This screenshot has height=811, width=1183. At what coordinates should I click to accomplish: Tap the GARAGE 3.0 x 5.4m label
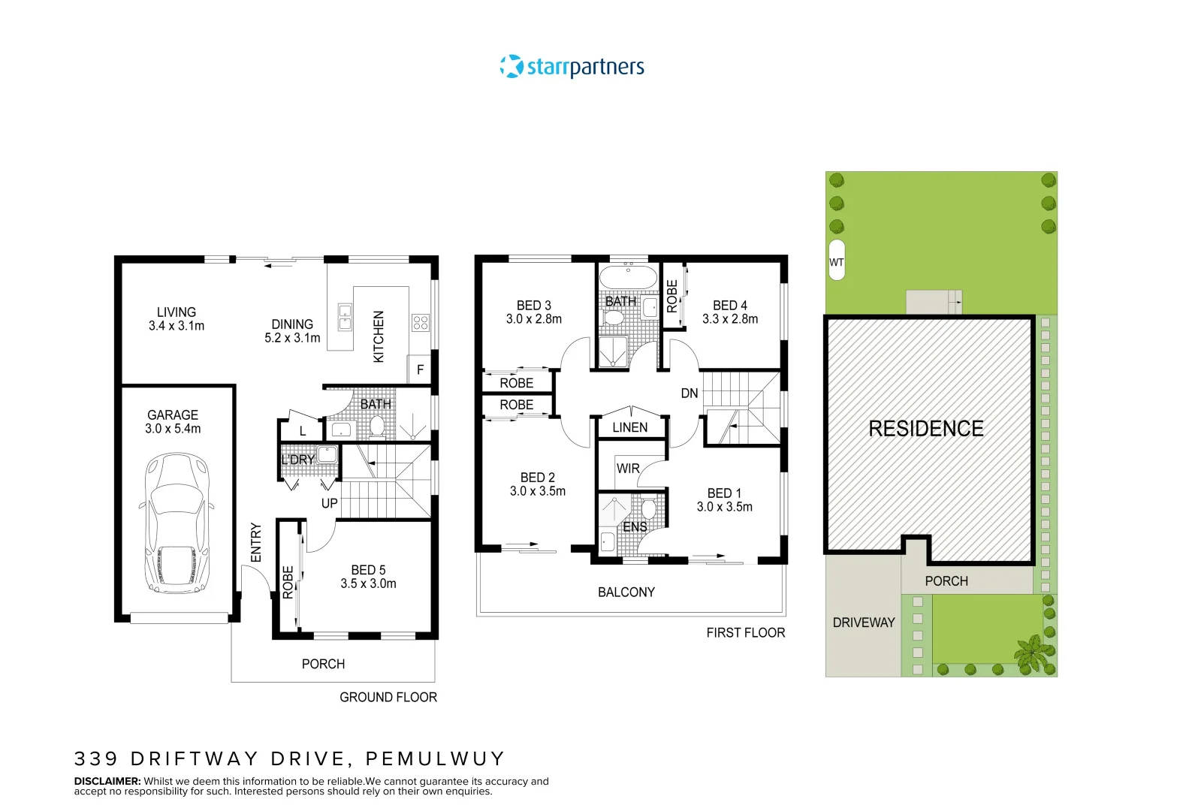[173, 422]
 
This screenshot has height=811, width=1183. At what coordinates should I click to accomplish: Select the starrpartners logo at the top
[572, 67]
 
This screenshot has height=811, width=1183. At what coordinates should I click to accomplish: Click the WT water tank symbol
[837, 261]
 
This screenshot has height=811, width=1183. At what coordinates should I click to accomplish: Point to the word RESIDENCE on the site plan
[925, 429]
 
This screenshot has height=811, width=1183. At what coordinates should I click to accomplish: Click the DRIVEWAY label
[864, 623]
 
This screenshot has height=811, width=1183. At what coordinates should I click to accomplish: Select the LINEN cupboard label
[629, 427]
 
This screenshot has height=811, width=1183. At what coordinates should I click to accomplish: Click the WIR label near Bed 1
[627, 469]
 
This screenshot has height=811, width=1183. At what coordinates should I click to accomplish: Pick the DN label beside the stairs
[689, 393]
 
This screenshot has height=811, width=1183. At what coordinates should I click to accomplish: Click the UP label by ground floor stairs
[329, 503]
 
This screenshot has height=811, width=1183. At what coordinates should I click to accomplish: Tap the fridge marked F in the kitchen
[420, 369]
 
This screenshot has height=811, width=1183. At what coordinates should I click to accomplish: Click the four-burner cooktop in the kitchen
[420, 323]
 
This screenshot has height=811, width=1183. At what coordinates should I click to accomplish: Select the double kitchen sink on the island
[345, 318]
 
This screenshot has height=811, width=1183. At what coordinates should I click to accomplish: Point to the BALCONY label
[626, 592]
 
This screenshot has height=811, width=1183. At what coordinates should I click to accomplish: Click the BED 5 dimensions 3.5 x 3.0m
[368, 583]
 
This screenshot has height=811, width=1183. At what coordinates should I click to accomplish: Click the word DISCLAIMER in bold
[107, 781]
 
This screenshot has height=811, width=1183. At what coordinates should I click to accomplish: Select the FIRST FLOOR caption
[745, 633]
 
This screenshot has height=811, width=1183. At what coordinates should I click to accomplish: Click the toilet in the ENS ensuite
[649, 508]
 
